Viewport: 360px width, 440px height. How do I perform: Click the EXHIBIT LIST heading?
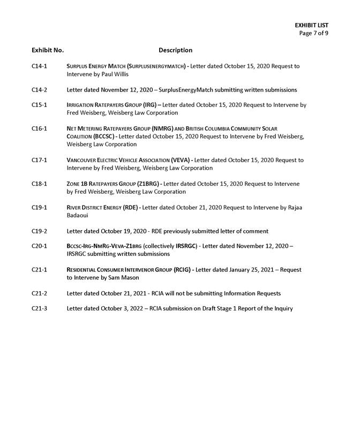coord(311,25)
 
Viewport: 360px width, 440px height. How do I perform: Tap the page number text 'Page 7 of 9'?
coord(314,33)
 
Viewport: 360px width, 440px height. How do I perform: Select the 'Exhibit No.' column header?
coord(48,50)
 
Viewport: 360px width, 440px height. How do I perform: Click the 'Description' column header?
coord(175,50)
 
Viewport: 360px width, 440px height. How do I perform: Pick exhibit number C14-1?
coord(39,66)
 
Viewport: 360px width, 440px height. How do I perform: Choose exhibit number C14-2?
coord(39,90)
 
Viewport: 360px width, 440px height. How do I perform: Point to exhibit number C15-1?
coord(39,105)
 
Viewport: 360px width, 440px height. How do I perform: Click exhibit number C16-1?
coord(39,128)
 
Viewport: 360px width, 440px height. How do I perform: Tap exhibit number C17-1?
coord(39,160)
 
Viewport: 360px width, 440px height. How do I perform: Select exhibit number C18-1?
coord(39,184)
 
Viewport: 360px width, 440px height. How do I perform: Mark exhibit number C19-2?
coord(39,231)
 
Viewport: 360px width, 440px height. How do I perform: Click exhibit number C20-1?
coord(39,246)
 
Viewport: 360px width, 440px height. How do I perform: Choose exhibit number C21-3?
coord(39,309)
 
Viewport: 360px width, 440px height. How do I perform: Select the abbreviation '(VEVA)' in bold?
coord(181,160)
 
